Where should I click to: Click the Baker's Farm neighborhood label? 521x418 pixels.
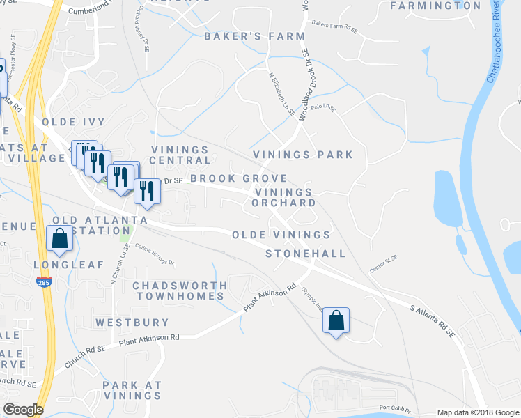click(254, 36)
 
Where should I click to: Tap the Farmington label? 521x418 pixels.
click(435, 6)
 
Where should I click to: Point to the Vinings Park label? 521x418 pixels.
click(302, 155)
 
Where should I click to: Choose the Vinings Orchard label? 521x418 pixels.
click(285, 197)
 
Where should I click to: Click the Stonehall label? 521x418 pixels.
click(305, 254)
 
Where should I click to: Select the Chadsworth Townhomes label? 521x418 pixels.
click(180, 291)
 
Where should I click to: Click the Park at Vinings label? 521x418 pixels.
click(132, 390)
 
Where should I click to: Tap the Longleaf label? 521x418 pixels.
click(68, 265)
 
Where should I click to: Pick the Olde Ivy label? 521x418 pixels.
click(73, 123)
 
